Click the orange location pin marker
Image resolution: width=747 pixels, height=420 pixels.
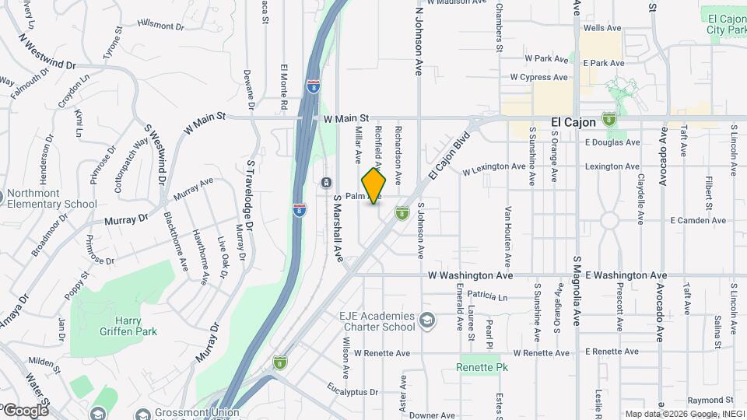[374, 185]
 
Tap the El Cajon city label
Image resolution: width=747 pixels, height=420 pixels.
[573, 122]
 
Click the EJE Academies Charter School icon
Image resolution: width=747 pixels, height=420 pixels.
[426, 320]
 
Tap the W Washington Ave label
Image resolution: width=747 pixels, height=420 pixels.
[471, 275]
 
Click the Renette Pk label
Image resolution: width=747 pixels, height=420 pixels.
[477, 367]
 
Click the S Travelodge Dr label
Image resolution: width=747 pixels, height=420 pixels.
[250, 194]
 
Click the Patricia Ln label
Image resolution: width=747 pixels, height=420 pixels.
[487, 296]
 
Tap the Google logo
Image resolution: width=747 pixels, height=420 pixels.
[25, 410]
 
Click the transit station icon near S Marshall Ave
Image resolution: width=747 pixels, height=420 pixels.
[325, 182]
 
